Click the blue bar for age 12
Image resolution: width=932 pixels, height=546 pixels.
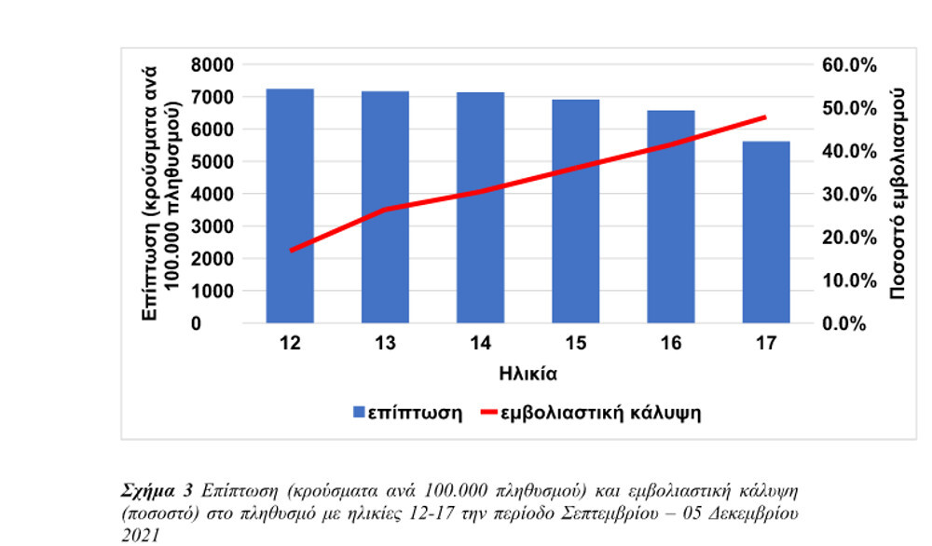coord(290,206)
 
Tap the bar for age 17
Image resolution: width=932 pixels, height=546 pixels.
coord(766,232)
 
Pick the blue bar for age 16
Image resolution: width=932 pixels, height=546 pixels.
coord(671,216)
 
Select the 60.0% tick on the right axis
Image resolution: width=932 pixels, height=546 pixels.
coord(849,64)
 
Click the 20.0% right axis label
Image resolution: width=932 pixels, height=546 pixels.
coord(849,237)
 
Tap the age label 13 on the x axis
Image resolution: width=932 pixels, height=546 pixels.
coord(385,345)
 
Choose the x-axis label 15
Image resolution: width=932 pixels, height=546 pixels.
coord(575,345)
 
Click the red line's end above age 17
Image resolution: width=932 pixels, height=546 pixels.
coord(765,117)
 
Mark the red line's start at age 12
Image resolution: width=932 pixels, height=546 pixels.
coord(291,251)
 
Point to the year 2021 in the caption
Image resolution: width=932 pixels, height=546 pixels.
coord(137,536)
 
